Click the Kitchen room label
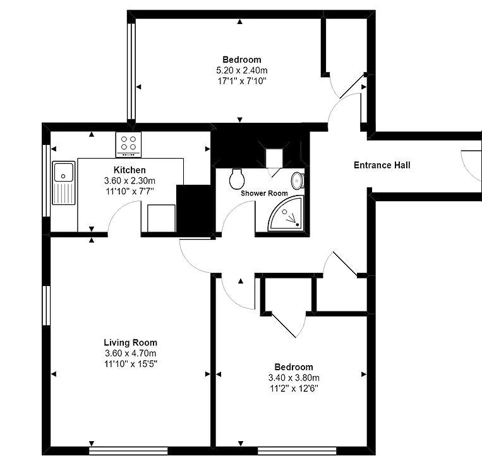(130, 170)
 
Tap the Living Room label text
(130, 342)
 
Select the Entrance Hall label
(382, 165)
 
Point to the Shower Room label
(264, 193)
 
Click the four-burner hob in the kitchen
(128, 144)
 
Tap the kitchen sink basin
(64, 172)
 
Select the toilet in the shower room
(237, 178)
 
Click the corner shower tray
(286, 213)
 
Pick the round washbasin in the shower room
(298, 180)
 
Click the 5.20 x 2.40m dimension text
(241, 70)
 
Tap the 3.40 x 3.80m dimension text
(294, 378)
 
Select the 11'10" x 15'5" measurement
(131, 364)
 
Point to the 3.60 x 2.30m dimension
(130, 180)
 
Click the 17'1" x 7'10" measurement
(241, 81)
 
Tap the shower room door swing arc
(234, 209)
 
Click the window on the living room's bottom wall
(128, 451)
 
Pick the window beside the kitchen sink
(46, 180)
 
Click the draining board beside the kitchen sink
(64, 194)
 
